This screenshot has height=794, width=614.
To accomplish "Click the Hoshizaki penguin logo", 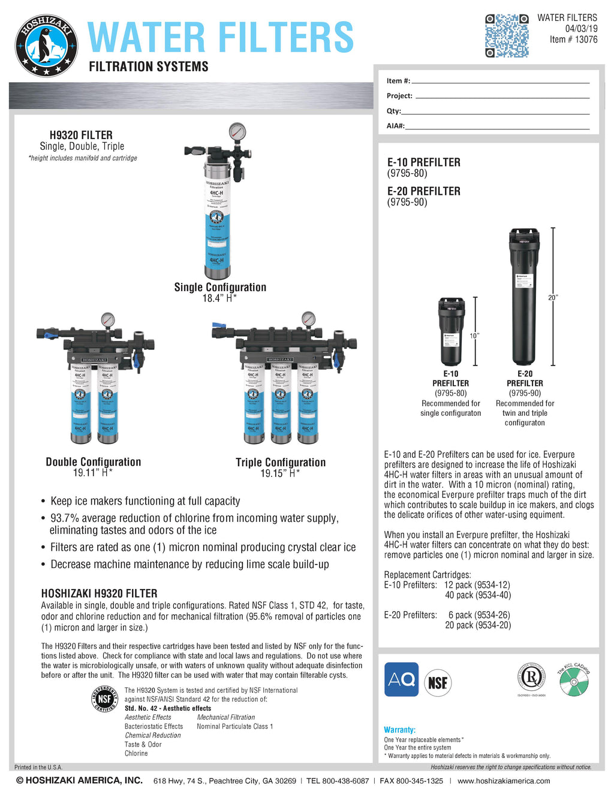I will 46,46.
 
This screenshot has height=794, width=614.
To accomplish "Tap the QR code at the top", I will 507,36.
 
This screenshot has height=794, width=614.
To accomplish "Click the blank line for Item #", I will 500,81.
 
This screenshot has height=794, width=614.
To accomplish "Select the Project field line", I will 502,96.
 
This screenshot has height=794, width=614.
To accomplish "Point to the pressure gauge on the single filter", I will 237,131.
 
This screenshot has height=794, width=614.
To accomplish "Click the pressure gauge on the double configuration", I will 108,319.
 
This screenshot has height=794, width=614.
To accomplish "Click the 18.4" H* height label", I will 219,298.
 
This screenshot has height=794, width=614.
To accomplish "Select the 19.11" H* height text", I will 93,473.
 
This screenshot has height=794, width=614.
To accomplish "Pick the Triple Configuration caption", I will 281,462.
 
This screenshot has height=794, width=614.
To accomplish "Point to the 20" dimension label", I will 553,297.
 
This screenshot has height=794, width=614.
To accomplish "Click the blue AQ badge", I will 401,680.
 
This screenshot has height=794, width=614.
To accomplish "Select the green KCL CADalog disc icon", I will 574,683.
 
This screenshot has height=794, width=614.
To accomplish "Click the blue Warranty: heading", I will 399,730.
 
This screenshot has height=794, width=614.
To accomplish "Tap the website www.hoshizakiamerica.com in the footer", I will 504,781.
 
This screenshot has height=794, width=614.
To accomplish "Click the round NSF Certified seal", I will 105,699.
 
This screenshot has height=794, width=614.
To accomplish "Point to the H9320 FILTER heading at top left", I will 81,135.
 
